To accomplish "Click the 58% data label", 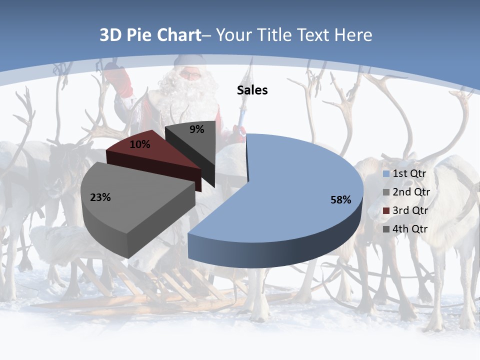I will coord(340,200).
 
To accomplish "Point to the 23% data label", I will coord(100,197).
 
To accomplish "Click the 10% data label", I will coord(140,144).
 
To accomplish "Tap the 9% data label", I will coord(197,129).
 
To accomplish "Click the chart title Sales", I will coord(252,90).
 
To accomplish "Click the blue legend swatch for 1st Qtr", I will coord(385,174).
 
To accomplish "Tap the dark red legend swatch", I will coord(385,210).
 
